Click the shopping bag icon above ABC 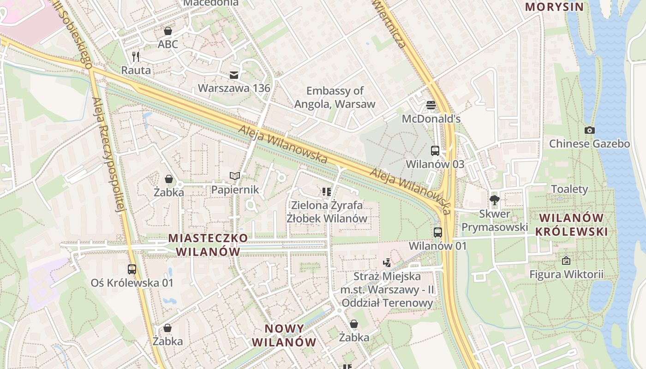point(168,31)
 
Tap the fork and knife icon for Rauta point(136,57)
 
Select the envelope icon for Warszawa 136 point(234,75)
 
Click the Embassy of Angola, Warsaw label point(335,97)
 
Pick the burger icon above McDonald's point(431,105)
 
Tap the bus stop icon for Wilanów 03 point(435,150)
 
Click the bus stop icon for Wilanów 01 point(438,232)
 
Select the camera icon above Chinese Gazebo point(589,131)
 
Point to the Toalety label point(570,189)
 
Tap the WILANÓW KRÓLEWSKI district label point(571,225)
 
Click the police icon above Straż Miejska point(387,263)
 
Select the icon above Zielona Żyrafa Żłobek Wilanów point(327,191)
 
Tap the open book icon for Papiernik point(235,176)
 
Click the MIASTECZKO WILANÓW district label point(209,245)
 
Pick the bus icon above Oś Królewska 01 point(132,269)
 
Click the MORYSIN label point(555,7)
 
